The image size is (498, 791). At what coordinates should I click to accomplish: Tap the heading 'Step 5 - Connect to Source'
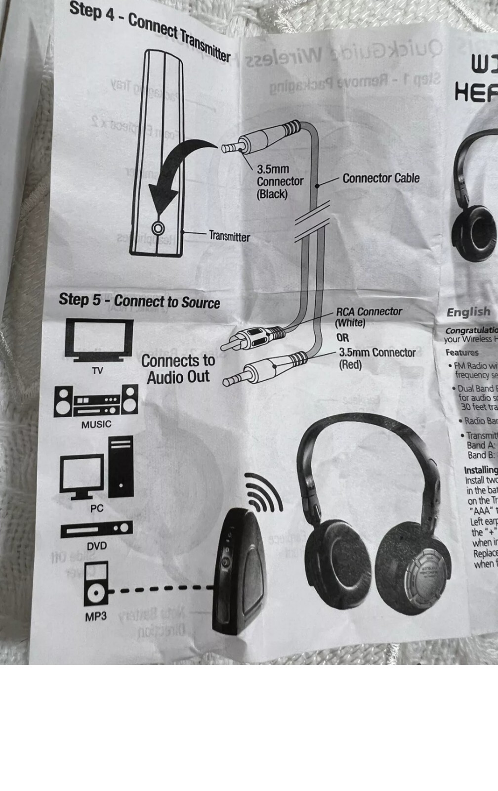(139, 301)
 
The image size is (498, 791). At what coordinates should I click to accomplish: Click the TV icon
(99, 341)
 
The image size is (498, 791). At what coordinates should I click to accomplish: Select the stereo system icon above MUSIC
(96, 400)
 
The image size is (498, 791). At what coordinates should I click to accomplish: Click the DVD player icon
(97, 529)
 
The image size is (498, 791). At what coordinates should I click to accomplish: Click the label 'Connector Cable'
(381, 178)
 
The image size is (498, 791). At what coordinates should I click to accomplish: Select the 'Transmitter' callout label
(229, 236)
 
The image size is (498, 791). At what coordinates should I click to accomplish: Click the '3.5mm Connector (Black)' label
(280, 181)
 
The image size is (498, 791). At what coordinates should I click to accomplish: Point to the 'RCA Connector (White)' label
(368, 317)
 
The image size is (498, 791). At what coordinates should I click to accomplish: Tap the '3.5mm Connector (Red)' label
(376, 358)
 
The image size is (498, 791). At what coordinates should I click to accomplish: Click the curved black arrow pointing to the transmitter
(178, 168)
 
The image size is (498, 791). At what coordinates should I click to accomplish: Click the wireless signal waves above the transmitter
(264, 492)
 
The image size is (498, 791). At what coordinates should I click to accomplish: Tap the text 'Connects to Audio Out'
(178, 369)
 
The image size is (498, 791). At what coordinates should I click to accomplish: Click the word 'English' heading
(468, 312)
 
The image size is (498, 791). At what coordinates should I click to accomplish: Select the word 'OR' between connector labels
(343, 338)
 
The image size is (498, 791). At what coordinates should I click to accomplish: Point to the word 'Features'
(462, 352)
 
